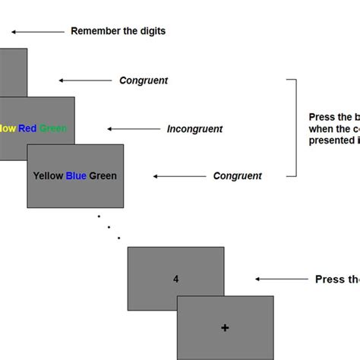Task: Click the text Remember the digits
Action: [118, 31]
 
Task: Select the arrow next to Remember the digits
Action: [37, 32]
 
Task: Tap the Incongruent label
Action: [194, 129]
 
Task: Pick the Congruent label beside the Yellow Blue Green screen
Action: [237, 176]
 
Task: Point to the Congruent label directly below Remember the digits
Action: [144, 81]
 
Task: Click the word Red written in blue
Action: [27, 128]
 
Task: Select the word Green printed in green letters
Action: [53, 128]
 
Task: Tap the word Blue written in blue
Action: [76, 176]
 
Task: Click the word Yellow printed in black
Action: [48, 176]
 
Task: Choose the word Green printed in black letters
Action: [103, 176]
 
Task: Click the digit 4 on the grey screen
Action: [175, 279]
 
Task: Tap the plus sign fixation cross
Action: [225, 327]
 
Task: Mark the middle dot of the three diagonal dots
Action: [108, 226]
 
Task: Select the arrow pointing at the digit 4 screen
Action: [280, 279]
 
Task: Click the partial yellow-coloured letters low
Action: [8, 128]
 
